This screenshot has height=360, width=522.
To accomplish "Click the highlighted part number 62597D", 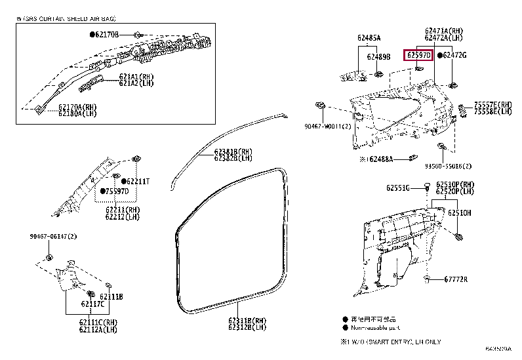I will point(418,56).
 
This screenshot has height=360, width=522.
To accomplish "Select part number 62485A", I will point(369,38).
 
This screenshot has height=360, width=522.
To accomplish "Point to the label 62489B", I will point(379,57).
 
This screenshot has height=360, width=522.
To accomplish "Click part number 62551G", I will point(398,188).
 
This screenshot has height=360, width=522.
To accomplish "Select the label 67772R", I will point(455,279).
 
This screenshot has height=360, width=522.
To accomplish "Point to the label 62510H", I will point(460,213).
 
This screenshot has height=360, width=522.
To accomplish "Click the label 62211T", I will point(138,181).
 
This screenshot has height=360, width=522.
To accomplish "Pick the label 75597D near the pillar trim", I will point(118,191).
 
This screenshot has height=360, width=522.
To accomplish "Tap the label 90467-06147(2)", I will point(53,236).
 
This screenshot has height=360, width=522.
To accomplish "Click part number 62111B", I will point(111,296).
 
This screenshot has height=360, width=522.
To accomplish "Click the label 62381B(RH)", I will point(233,151).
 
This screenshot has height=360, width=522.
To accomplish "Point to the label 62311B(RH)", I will point(247,320).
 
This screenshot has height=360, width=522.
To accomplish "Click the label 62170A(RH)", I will point(77,106).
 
